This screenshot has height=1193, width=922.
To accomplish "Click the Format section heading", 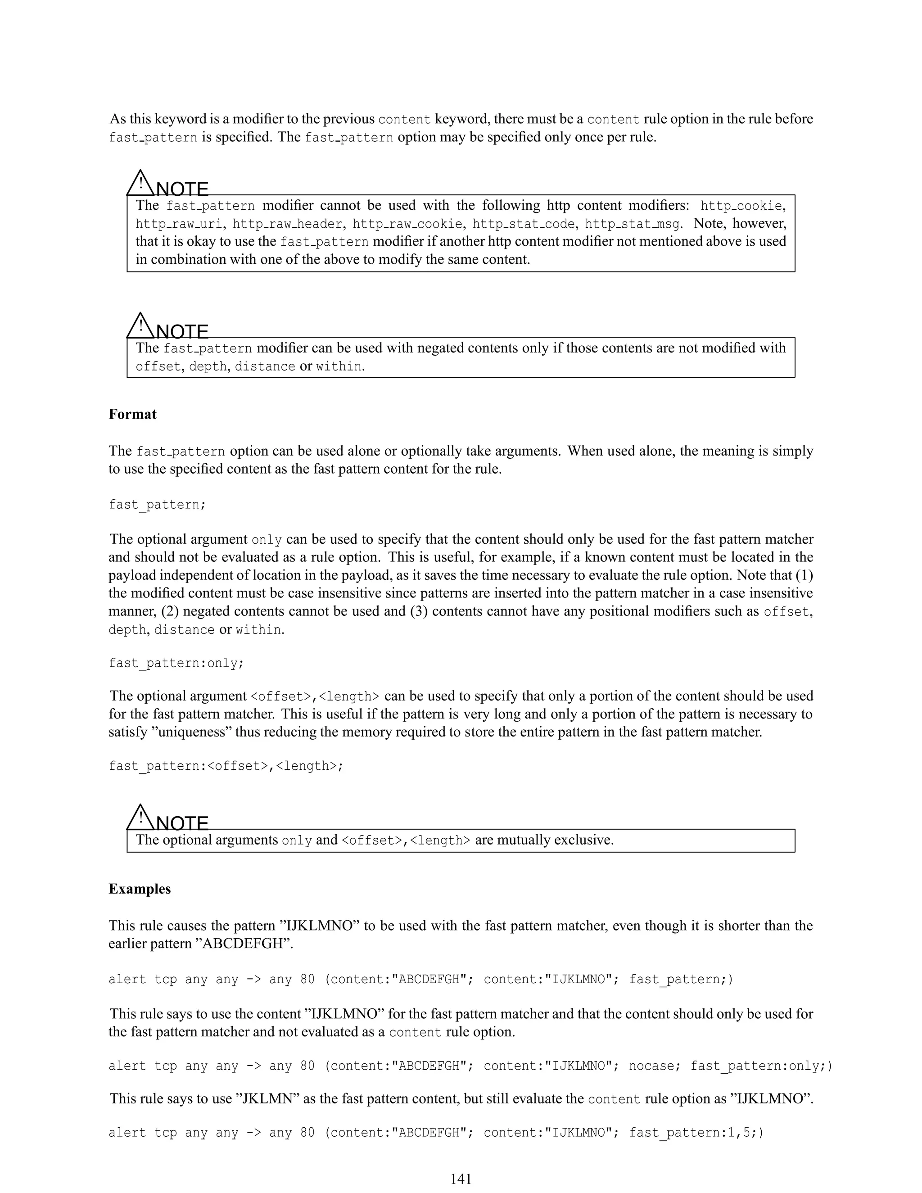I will tap(132, 414).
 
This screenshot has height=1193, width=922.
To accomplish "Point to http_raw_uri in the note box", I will tap(181, 224).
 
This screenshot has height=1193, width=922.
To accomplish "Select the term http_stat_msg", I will tap(633, 224).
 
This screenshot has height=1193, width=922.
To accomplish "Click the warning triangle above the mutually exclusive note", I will tap(141, 818).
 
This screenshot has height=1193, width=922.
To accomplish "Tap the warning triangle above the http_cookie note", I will tap(141, 184).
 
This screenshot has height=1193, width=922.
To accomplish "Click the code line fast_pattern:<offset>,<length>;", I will tap(226, 766).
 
